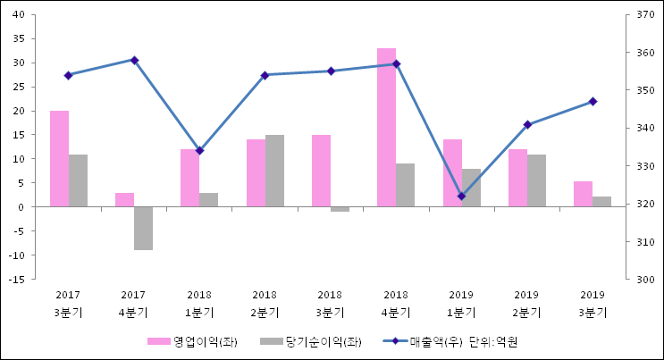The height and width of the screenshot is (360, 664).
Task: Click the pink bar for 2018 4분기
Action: tap(386, 127)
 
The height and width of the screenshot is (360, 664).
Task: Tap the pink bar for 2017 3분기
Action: tap(59, 158)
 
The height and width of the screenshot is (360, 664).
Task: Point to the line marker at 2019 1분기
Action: tap(461, 197)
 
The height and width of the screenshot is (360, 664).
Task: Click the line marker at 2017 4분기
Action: tap(134, 60)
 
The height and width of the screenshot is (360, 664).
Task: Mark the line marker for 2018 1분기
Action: tap(199, 151)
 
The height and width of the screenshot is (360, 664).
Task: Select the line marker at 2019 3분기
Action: tap(593, 102)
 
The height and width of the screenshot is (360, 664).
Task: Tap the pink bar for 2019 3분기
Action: tap(583, 194)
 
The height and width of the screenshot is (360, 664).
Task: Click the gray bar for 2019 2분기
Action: tap(536, 180)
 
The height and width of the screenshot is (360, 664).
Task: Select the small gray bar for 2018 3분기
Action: tap(340, 209)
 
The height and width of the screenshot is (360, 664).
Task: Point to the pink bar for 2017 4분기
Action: tap(124, 199)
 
